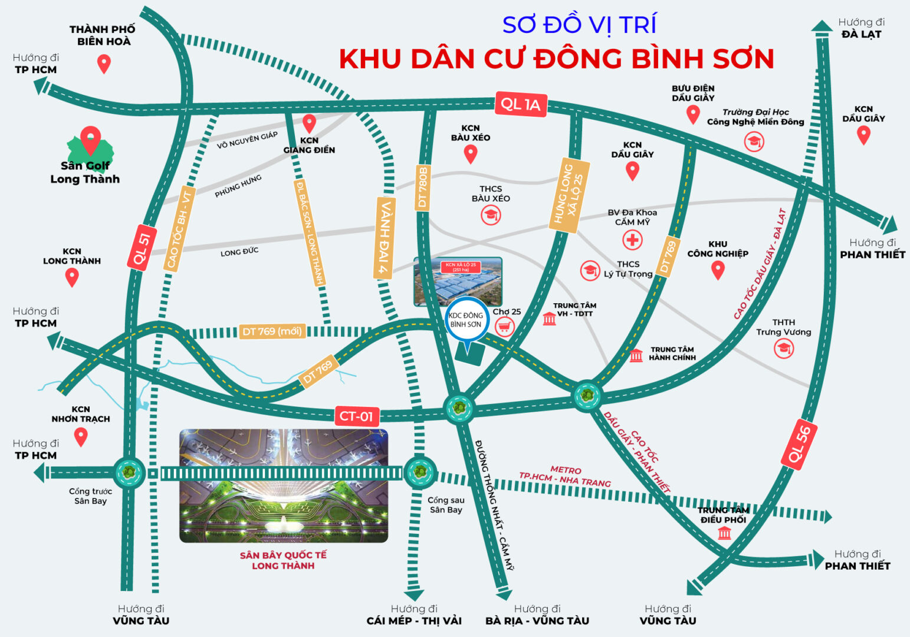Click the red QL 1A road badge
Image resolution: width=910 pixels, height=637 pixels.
pos(521,104)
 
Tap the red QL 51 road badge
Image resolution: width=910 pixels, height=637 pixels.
pos(141,248)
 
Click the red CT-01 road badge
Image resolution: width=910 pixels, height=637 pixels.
pos(356,416)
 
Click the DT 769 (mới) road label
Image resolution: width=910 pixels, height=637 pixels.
pos(272,331)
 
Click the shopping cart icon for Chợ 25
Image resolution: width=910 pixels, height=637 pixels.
pos(504,326)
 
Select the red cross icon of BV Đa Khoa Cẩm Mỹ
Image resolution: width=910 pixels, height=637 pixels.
pos(632,240)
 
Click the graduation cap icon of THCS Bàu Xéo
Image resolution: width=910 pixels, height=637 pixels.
pos(490,215)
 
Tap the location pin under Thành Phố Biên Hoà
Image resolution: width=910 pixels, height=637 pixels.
pos(104,63)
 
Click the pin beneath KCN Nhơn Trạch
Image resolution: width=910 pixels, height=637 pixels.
pos(81,437)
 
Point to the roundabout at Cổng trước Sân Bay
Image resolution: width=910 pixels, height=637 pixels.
pos(128,472)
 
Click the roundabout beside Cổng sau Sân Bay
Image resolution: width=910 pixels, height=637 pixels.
pos(420,472)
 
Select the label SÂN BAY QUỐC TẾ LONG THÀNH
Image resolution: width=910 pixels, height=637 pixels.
pos(283,560)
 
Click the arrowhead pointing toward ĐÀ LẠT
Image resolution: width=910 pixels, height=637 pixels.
pos(822,26)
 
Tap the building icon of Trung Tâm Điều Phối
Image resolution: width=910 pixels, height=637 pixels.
pos(724,533)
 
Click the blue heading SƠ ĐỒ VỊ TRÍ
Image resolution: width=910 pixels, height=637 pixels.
pos(579,25)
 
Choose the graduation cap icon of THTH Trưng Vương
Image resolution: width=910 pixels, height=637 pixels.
pos(784,348)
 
